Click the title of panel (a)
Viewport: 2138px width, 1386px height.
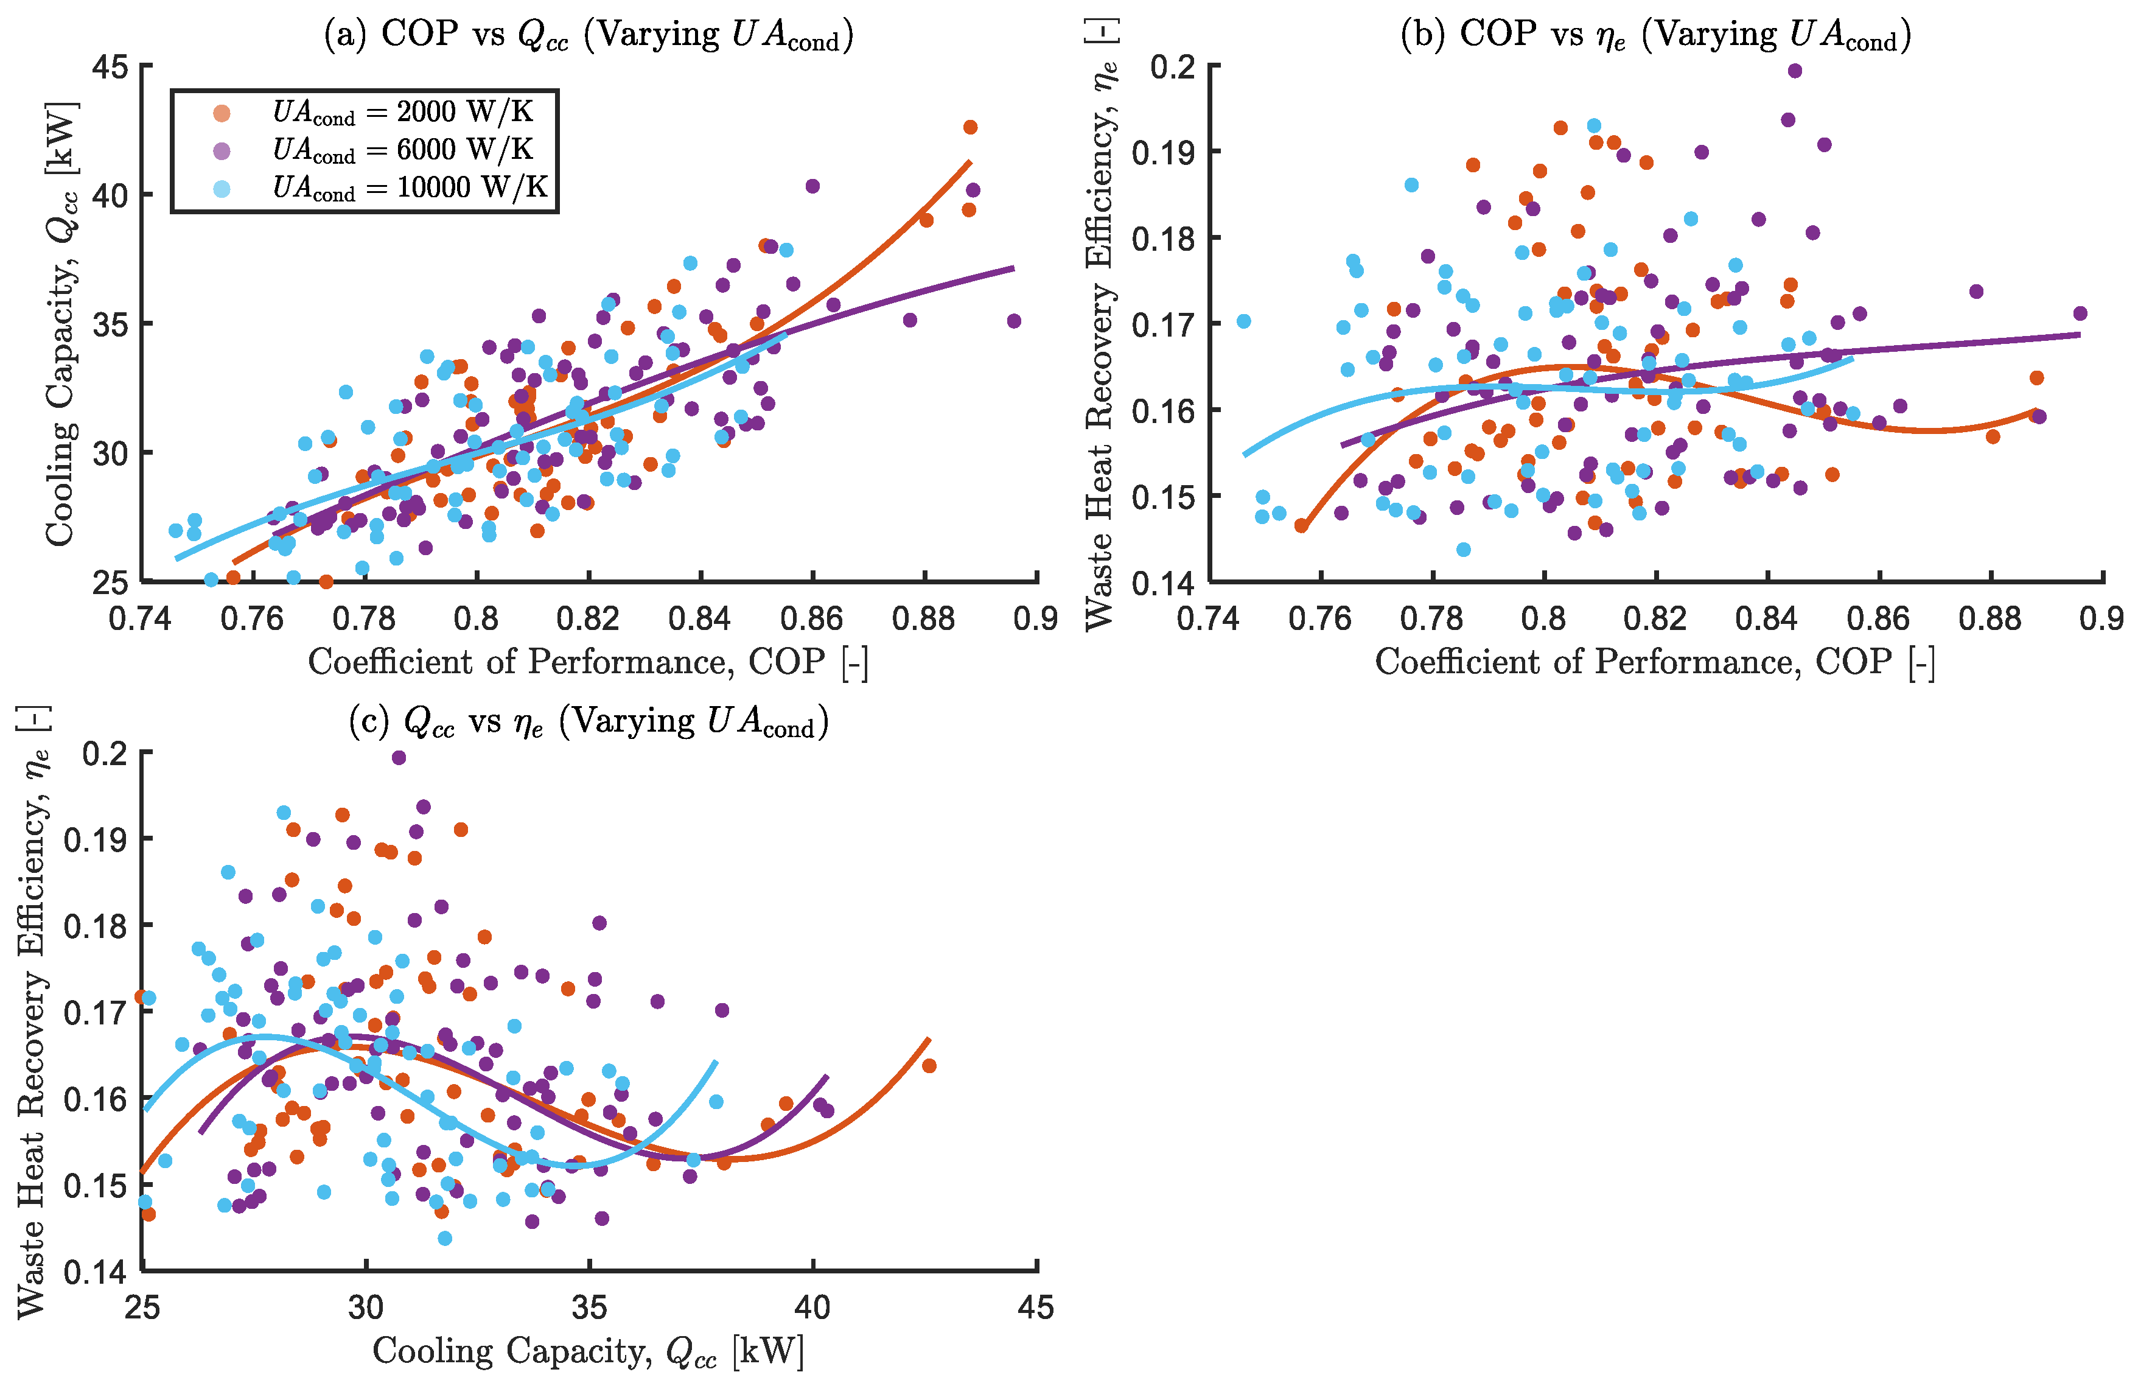click(589, 36)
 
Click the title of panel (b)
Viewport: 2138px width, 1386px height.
click(1655, 36)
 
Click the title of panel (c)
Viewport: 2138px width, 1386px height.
click(589, 721)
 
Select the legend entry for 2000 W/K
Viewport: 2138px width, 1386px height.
click(402, 112)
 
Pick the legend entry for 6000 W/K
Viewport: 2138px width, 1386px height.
click(402, 150)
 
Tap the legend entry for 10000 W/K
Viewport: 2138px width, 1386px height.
click(410, 187)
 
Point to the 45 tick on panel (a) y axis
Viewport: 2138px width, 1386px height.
click(110, 66)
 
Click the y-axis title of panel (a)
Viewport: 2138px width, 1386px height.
click(61, 323)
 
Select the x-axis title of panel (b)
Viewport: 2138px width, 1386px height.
click(1655, 663)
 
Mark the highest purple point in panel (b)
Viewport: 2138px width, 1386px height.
click(1795, 71)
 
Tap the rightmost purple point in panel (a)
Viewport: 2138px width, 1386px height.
click(1014, 321)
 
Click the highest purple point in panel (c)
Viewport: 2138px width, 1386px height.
click(399, 758)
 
